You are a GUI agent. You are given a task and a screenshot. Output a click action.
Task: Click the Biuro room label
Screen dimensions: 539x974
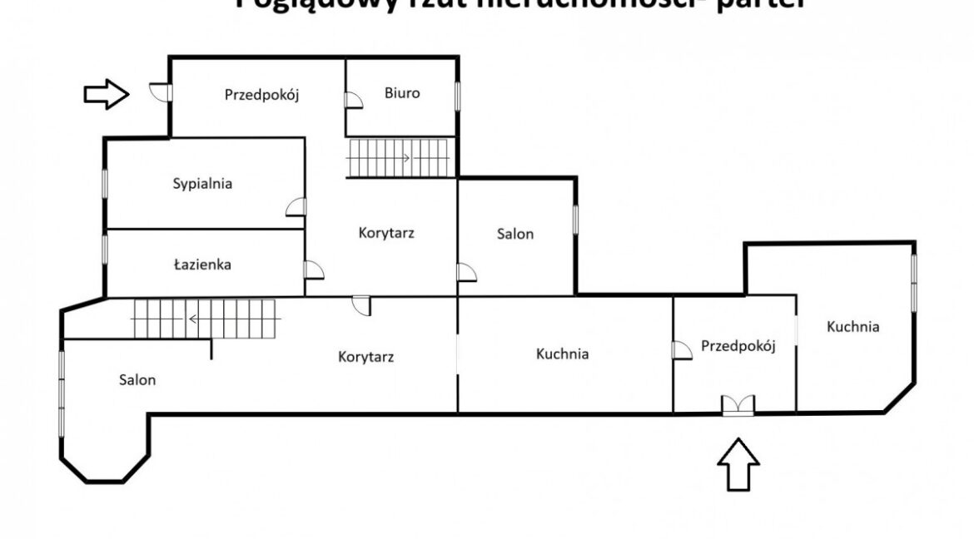[402, 93]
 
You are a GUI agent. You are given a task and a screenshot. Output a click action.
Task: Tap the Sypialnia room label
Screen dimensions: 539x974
[202, 184]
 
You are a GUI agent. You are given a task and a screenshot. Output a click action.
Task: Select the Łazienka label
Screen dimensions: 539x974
[202, 265]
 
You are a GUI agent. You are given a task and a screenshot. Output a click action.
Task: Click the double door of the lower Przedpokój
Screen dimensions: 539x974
[738, 404]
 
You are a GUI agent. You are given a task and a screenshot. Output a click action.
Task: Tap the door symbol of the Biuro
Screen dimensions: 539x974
[354, 100]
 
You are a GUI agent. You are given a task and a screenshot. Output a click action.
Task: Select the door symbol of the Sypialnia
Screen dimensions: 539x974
[296, 208]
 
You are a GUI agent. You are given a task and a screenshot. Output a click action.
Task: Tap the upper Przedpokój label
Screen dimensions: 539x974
[261, 95]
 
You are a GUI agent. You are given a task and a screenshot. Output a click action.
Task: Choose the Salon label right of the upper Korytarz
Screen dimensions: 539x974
[515, 235]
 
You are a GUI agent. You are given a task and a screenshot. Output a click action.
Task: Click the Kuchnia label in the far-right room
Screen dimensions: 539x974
[852, 327]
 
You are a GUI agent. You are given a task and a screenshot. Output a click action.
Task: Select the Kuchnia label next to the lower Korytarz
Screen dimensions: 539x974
[563, 354]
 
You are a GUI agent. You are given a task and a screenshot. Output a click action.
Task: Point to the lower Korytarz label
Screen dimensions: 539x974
[365, 358]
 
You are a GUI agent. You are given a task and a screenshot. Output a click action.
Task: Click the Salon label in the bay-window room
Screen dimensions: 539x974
[137, 379]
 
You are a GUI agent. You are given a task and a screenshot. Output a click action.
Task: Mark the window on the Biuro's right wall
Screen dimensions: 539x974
[457, 94]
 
